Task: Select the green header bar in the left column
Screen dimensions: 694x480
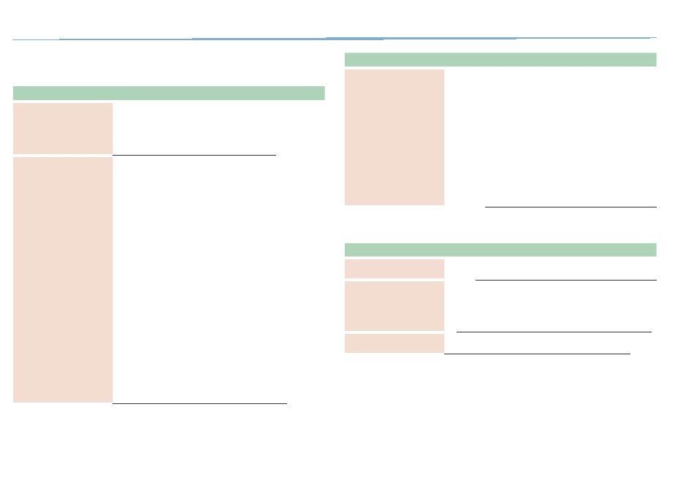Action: click(169, 93)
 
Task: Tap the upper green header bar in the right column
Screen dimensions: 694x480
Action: click(500, 60)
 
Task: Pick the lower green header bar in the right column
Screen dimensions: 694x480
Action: click(500, 249)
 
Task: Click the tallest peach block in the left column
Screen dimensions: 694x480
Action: click(63, 279)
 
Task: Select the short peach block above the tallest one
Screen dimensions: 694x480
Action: click(63, 128)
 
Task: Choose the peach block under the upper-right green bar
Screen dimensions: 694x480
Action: click(394, 137)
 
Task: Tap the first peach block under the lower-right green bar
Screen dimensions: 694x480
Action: click(394, 268)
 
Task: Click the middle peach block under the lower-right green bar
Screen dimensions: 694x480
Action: click(394, 306)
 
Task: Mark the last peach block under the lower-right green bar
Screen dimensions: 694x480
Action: click(394, 343)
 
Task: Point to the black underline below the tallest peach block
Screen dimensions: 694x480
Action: click(199, 403)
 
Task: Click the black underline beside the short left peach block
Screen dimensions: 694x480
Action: click(194, 155)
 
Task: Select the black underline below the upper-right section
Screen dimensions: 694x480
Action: click(571, 207)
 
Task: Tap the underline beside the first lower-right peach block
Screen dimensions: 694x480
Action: click(565, 280)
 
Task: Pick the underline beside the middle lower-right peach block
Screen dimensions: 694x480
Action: click(554, 332)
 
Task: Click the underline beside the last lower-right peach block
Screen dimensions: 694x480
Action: click(537, 354)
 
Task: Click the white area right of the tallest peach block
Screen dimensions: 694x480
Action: click(219, 279)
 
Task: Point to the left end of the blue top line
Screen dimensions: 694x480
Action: click(15, 39)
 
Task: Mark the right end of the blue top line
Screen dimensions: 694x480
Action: click(654, 37)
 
